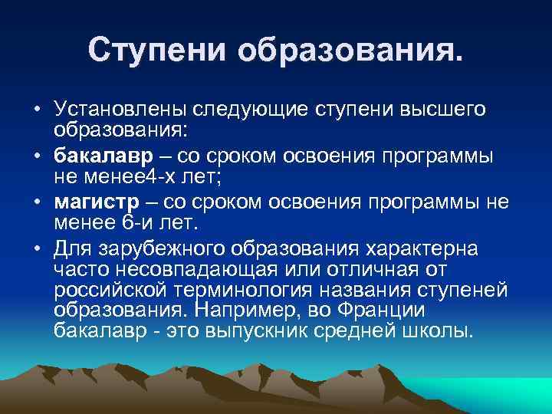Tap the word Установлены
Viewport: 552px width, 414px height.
(115, 110)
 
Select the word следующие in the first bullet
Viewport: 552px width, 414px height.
(244, 110)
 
